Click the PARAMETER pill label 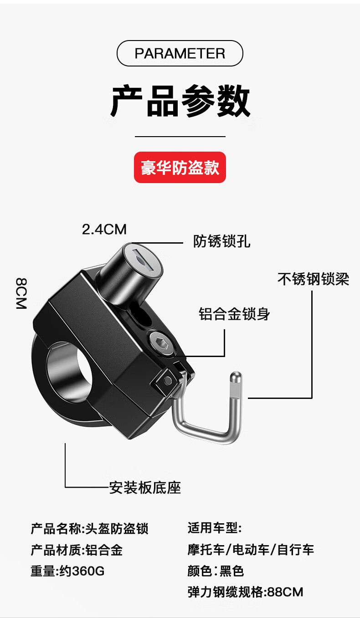pyautogui.click(x=180, y=53)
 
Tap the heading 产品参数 pyautogui.click(x=180, y=101)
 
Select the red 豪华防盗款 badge pyautogui.click(x=180, y=167)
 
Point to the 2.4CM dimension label pyautogui.click(x=104, y=229)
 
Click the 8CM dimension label pyautogui.click(x=21, y=293)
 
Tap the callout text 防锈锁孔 pyautogui.click(x=221, y=241)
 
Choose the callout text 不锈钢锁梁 pyautogui.click(x=314, y=279)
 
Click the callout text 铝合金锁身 pyautogui.click(x=234, y=314)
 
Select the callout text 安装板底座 pyautogui.click(x=145, y=488)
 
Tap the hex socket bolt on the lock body pyautogui.click(x=162, y=344)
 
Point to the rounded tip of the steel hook pyautogui.click(x=237, y=377)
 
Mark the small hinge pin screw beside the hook pyautogui.click(x=168, y=380)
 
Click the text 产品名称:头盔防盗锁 pyautogui.click(x=89, y=529)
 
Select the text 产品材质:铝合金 pyautogui.click(x=77, y=550)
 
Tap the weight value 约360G pyautogui.click(x=82, y=571)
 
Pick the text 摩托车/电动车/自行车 pyautogui.click(x=251, y=550)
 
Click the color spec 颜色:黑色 pyautogui.click(x=216, y=571)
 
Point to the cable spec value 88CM pyautogui.click(x=285, y=592)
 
